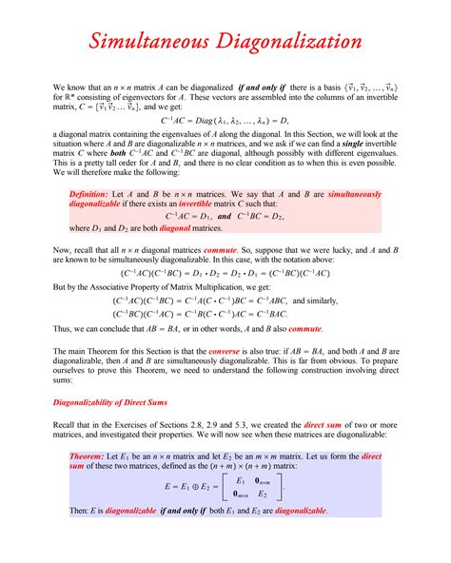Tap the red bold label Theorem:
pyautogui.click(x=88, y=456)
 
